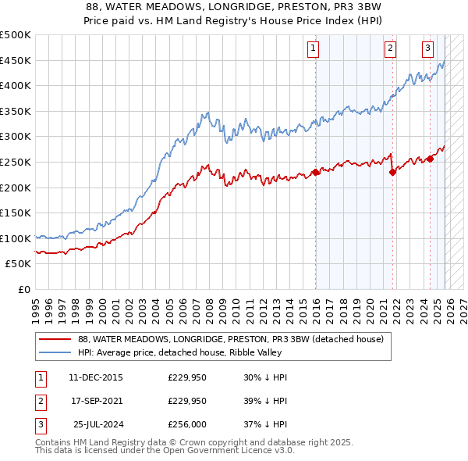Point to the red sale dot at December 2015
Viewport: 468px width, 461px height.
pyautogui.click(x=316, y=172)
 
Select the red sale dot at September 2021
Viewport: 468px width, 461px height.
pyautogui.click(x=392, y=172)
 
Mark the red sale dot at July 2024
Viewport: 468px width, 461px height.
pyautogui.click(x=430, y=159)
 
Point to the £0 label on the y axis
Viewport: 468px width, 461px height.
pyautogui.click(x=23, y=289)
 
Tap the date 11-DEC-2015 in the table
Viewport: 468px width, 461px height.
pyautogui.click(x=96, y=377)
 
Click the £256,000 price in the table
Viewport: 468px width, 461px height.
pyautogui.click(x=187, y=424)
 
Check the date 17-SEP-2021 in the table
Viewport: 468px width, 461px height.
pyautogui.click(x=96, y=401)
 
